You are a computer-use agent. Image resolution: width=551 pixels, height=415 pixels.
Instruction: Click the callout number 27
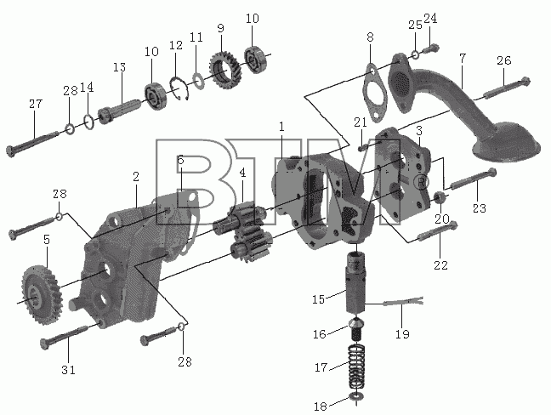tap(36, 104)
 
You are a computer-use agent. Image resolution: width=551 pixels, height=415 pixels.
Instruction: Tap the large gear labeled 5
tap(42, 295)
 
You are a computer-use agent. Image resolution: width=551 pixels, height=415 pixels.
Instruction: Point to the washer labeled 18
tap(356, 397)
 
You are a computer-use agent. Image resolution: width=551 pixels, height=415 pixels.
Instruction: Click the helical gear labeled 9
tap(224, 71)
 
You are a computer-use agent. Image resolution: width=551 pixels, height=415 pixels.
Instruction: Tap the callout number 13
tap(120, 67)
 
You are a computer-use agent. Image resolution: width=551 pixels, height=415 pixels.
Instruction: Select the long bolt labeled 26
tap(507, 88)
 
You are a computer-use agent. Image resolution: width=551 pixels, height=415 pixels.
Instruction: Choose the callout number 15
tap(318, 299)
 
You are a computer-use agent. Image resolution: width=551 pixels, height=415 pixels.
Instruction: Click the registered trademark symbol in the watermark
tap(422, 182)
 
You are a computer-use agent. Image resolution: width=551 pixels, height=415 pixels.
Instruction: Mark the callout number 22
tap(440, 265)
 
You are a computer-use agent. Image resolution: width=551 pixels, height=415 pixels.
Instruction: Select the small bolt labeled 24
tap(431, 48)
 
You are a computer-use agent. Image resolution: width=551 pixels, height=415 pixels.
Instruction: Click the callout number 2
tap(136, 177)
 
